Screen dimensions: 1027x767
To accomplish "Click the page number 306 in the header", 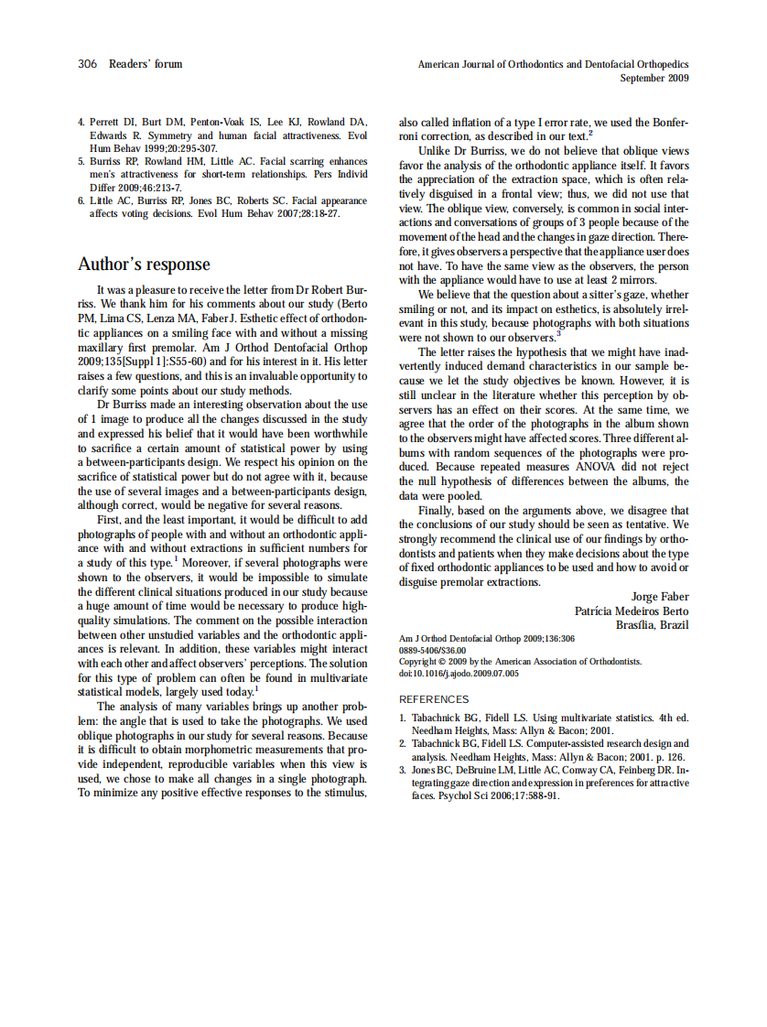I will pos(88,64).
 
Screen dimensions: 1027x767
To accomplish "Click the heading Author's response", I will pos(144,265).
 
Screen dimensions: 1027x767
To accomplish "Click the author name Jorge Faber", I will pos(660,597).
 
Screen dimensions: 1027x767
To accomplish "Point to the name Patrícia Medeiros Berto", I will pos(632,611).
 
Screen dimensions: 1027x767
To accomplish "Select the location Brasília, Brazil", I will pos(653,625).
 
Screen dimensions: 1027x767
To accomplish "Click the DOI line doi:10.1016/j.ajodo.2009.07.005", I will pos(459,673).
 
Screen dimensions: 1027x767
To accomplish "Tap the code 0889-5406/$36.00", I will pos(432,650).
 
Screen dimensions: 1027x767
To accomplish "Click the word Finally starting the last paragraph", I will pos(438,510).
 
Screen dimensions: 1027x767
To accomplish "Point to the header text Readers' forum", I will pos(145,64).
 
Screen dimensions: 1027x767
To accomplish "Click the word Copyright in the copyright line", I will pos(420,661).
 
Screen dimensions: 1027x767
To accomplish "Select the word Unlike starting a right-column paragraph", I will pos(434,149).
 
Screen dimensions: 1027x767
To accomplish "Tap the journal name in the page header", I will pos(553,65).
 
